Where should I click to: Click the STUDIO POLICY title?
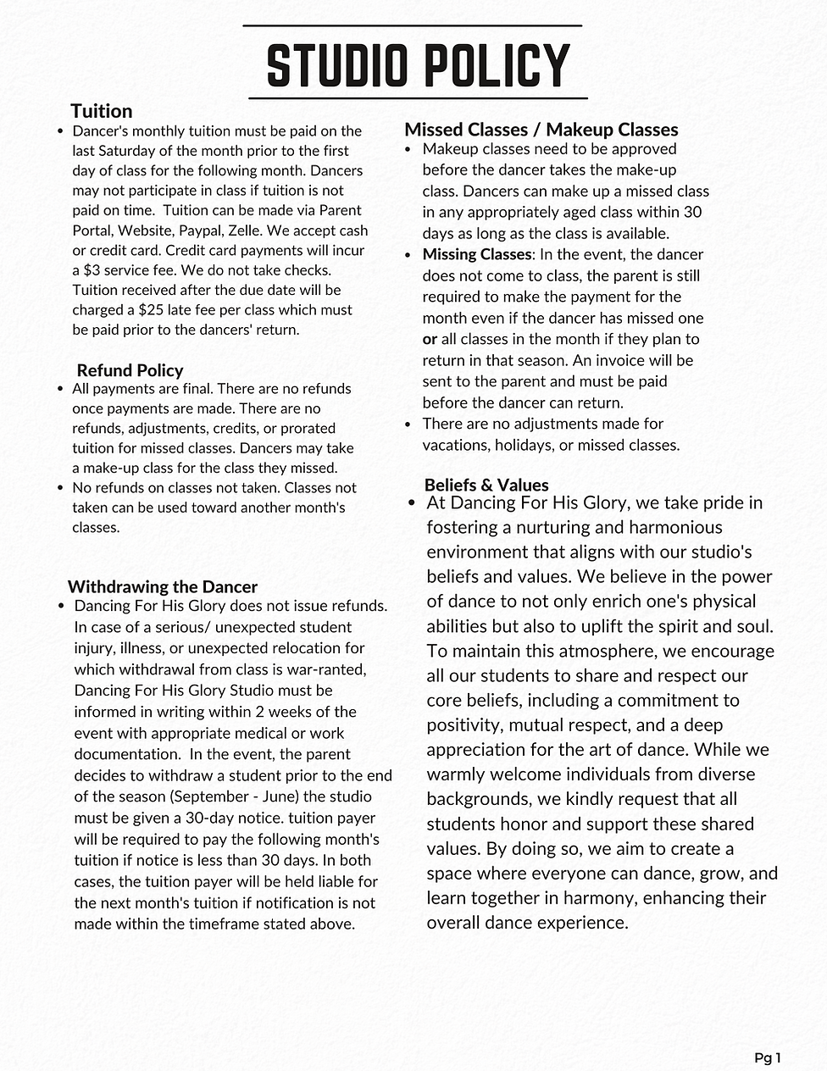tap(417, 65)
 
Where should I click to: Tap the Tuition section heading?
tap(101, 111)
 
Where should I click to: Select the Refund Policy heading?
tap(130, 370)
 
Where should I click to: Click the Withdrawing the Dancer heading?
tap(162, 586)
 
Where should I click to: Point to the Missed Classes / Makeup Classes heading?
tap(541, 130)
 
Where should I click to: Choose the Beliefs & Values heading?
tap(486, 485)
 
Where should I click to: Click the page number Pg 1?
tap(767, 1057)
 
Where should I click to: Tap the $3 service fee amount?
tap(89, 270)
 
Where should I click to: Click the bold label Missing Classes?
tap(476, 254)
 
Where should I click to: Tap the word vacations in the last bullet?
tap(456, 445)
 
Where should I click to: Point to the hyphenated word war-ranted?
tap(322, 669)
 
